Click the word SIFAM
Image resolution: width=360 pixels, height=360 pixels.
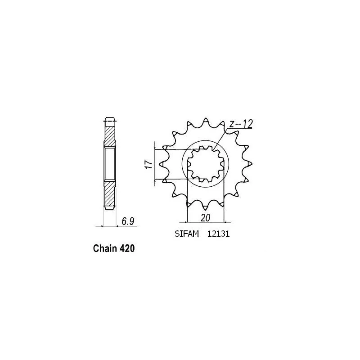click(184, 234)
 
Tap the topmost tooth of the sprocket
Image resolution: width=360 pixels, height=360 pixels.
click(206, 121)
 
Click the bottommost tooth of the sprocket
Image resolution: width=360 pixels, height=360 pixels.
click(206, 208)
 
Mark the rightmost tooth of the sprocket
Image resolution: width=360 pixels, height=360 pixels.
click(248, 165)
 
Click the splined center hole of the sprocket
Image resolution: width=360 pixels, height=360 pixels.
click(206, 165)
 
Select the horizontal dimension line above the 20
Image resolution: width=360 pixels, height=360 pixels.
click(205, 222)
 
